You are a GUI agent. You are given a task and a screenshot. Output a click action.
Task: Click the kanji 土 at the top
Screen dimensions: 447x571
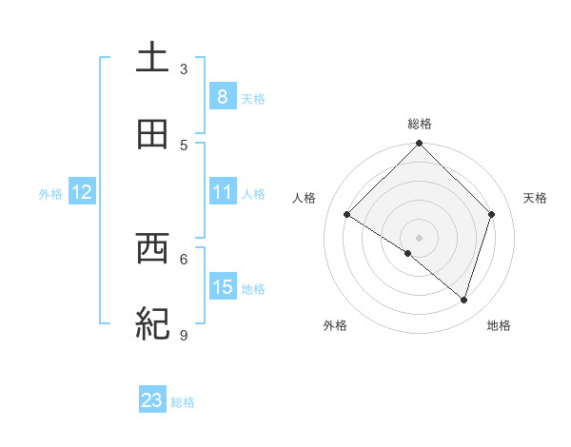(x=152, y=57)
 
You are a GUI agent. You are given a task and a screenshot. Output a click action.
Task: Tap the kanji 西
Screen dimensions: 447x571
(x=152, y=249)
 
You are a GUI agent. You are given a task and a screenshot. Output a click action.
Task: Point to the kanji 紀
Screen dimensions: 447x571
(x=152, y=324)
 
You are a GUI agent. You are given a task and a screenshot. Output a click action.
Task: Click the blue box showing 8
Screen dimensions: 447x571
(x=222, y=97)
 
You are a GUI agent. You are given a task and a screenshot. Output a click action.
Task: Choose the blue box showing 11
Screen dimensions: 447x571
(x=222, y=192)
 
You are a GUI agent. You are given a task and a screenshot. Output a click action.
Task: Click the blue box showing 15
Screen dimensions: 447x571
(x=222, y=287)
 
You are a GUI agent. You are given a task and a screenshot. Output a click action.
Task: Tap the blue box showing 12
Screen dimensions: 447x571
(x=82, y=192)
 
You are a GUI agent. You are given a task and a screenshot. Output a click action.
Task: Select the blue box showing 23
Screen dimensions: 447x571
(x=152, y=400)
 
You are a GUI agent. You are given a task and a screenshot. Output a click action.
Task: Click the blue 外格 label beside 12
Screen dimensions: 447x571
(x=50, y=194)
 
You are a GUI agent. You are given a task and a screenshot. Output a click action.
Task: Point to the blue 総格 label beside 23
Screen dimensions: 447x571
(x=183, y=402)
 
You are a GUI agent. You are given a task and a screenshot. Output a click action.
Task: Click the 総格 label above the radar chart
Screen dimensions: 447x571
(x=420, y=124)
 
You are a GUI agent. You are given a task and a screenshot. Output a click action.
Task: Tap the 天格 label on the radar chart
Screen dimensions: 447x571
(x=535, y=198)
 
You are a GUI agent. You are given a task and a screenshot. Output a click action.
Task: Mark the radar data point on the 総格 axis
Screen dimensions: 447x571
(x=420, y=145)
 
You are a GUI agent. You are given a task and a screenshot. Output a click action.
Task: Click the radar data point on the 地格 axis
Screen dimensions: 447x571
(x=464, y=301)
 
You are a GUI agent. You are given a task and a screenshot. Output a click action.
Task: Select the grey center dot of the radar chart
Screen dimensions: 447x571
(x=420, y=237)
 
